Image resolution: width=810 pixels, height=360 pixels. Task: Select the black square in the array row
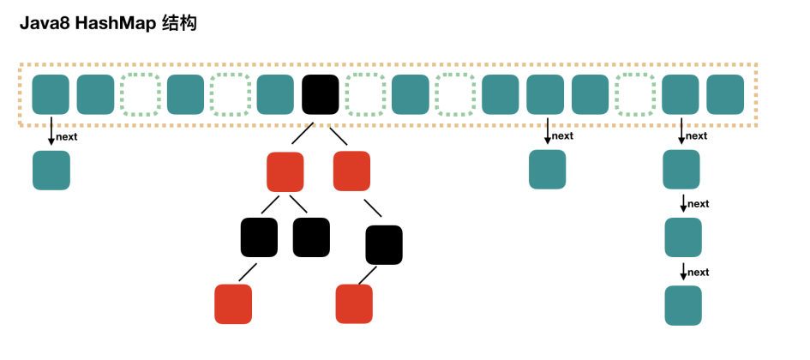point(321,94)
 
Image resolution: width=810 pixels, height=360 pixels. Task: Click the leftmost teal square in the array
point(51,94)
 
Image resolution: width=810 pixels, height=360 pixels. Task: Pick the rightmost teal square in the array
point(725,94)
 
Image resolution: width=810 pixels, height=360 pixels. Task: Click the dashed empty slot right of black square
point(365,94)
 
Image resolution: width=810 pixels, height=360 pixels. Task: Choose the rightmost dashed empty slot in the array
point(635,94)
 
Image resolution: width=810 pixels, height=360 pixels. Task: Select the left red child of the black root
point(285,171)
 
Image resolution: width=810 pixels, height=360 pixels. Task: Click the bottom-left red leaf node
point(233,303)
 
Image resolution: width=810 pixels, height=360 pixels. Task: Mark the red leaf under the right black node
point(354,303)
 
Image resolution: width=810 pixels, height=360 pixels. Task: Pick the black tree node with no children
point(311,237)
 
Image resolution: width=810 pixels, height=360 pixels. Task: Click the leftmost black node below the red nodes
point(259,237)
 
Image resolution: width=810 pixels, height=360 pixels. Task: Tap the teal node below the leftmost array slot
point(51,170)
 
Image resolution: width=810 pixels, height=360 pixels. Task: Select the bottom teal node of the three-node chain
point(683,305)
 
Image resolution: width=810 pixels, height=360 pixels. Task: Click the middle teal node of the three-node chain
point(683,237)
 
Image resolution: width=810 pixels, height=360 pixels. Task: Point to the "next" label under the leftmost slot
point(68,136)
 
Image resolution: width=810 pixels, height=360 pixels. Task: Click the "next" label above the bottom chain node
point(699,273)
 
